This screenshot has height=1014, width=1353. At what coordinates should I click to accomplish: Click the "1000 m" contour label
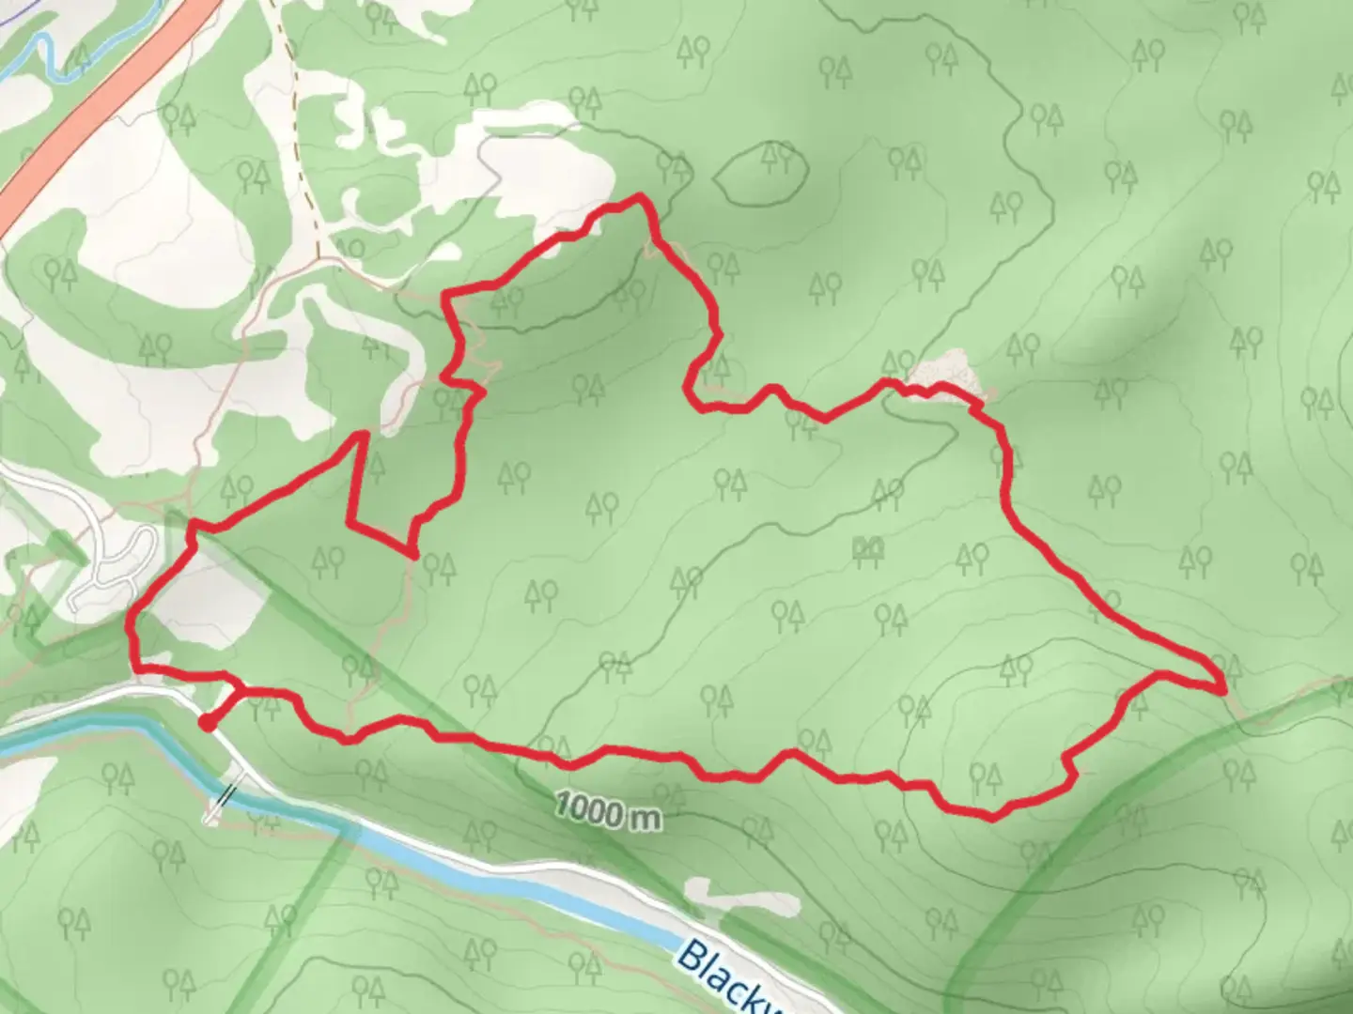[x=607, y=811]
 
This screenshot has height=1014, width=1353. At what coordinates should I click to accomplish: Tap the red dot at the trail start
[x=207, y=722]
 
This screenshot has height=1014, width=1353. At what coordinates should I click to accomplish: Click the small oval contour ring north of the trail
[x=761, y=175]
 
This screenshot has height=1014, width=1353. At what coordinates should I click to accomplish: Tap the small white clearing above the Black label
[x=742, y=897]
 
